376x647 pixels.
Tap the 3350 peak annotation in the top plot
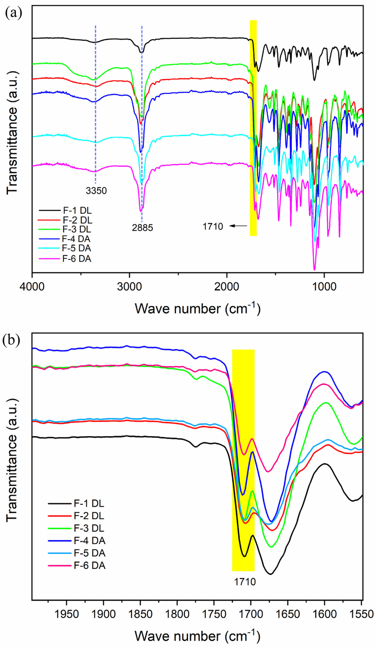[x=96, y=191]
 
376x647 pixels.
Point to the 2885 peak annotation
[x=142, y=228]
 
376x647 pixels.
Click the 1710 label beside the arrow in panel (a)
[x=213, y=226]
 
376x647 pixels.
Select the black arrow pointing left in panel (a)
[x=238, y=226]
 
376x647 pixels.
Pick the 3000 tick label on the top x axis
[x=129, y=287]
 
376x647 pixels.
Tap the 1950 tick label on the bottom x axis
[x=67, y=614]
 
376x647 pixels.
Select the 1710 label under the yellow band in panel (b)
[x=245, y=582]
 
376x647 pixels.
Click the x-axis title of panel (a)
[x=197, y=309]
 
